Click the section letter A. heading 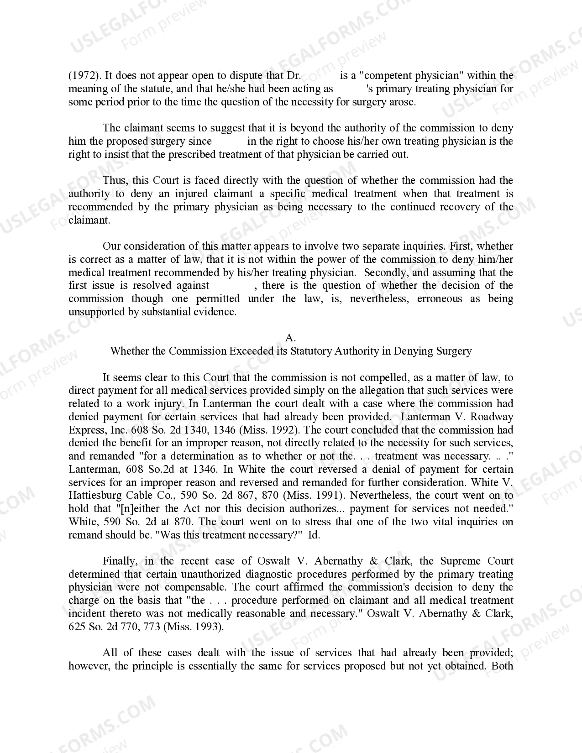[291, 338]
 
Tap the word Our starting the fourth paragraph [111, 246]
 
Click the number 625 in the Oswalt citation [77, 627]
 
